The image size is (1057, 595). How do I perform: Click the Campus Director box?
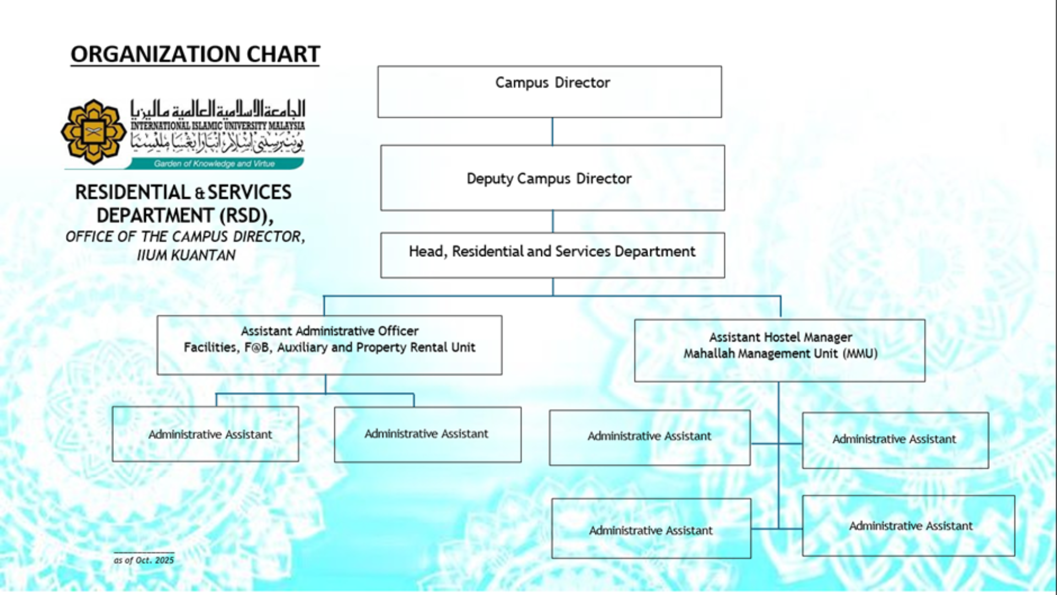click(x=549, y=91)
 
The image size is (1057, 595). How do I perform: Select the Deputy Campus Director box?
click(x=552, y=178)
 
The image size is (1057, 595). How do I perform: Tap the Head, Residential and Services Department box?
click(x=552, y=255)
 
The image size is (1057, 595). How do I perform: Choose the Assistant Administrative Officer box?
click(x=329, y=345)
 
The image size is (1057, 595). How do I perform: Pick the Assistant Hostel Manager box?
click(x=780, y=350)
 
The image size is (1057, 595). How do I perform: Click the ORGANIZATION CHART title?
click(x=195, y=55)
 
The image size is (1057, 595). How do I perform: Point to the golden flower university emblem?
click(x=93, y=132)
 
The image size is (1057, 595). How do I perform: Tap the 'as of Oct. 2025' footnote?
click(x=144, y=560)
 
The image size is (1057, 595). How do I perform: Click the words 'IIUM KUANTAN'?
click(x=186, y=256)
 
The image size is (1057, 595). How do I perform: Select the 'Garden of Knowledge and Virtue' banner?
click(x=214, y=164)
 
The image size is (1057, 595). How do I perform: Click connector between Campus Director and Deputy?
click(x=552, y=132)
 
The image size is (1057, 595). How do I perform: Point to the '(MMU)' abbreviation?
click(x=860, y=354)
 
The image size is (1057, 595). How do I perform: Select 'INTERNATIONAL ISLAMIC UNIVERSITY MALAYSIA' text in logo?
click(x=217, y=126)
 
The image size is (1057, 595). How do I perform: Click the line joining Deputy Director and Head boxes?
click(x=552, y=221)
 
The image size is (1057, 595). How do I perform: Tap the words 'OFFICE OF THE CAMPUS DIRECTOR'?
click(x=184, y=237)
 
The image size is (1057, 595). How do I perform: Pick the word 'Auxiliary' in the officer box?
click(x=302, y=348)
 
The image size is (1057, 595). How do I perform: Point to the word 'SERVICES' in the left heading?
click(x=249, y=192)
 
